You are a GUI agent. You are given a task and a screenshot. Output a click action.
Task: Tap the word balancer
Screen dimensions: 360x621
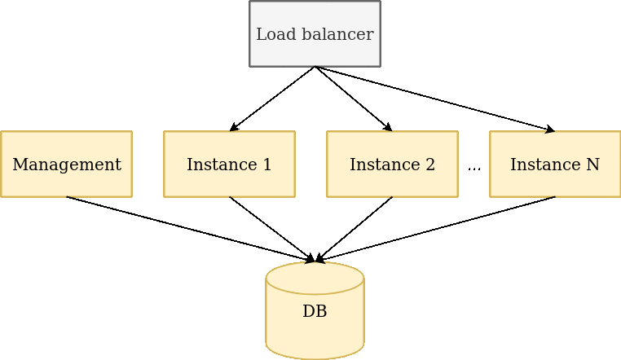338,34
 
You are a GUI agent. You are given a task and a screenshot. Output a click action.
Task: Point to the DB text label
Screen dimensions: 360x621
315,311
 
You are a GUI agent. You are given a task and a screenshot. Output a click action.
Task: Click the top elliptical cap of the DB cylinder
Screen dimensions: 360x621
315,278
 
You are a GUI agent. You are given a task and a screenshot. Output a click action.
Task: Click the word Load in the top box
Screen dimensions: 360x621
272,34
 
